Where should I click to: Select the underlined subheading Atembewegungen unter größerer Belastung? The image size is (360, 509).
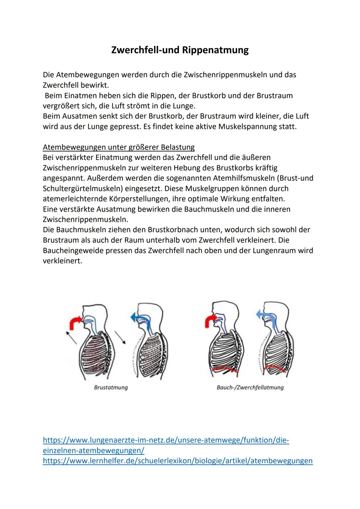coord(119,147)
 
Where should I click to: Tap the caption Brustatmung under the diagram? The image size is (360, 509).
coord(111,387)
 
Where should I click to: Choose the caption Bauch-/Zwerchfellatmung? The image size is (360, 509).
coord(250,387)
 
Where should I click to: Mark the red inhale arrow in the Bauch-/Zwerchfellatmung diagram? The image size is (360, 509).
coord(211,321)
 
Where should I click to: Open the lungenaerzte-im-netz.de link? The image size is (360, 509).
coord(166,445)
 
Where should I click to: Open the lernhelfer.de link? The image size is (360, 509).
coord(178,461)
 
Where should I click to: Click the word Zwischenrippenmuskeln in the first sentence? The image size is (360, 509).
coord(225,75)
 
